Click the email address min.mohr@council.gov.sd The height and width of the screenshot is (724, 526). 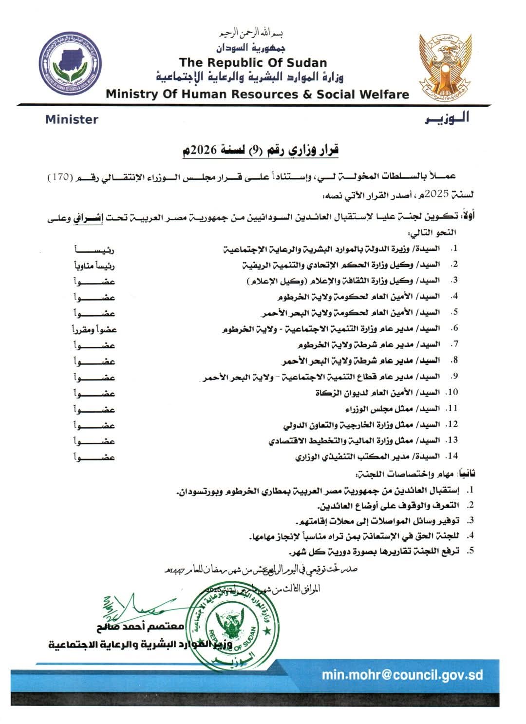[x=402, y=675]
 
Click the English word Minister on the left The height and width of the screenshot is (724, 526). [x=72, y=119]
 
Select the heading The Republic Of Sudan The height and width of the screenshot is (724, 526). [x=253, y=62]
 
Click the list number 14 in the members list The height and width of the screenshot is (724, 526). [x=452, y=456]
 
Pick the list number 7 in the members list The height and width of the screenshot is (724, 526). [x=454, y=344]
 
